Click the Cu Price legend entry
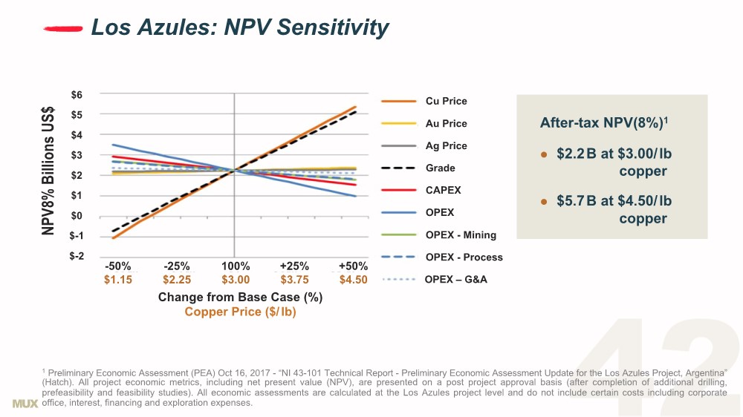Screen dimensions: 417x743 pos(446,101)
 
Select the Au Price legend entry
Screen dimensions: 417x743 pos(446,123)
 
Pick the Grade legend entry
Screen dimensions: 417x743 pos(440,168)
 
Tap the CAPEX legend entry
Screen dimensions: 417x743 pos(443,190)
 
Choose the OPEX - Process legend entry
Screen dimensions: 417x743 pos(464,257)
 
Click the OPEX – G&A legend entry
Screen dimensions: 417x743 pos(455,280)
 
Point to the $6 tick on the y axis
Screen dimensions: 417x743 pos(77,94)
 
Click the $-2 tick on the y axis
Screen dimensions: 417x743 pos(77,256)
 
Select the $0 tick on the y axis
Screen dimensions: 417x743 pos(77,216)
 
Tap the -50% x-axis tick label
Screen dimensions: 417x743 pos(118,266)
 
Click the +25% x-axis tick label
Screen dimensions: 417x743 pos(294,266)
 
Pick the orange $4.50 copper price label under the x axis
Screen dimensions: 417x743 pos(353,280)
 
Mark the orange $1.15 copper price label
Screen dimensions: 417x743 pos(118,280)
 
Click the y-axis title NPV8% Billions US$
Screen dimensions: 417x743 pos(48,170)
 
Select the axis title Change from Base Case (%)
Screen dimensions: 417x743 pos(240,297)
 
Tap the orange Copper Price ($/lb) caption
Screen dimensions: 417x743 pos(240,312)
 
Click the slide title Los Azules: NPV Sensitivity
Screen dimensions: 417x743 pos(239,28)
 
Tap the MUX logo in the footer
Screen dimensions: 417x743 pos(25,403)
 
